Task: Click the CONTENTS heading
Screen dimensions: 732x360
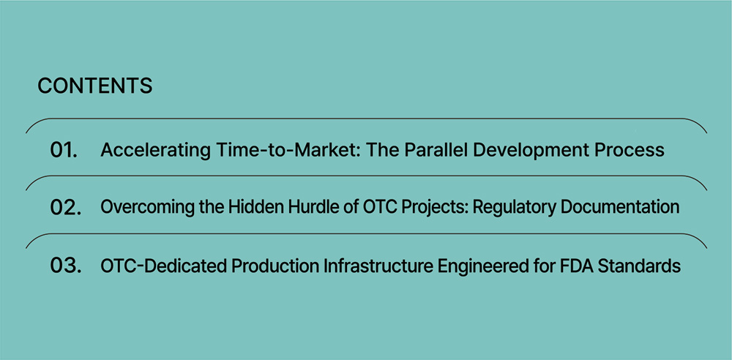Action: [94, 86]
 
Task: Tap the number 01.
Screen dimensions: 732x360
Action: [64, 150]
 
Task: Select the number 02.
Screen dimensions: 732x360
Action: [65, 208]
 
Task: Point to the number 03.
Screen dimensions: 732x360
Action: [65, 266]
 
